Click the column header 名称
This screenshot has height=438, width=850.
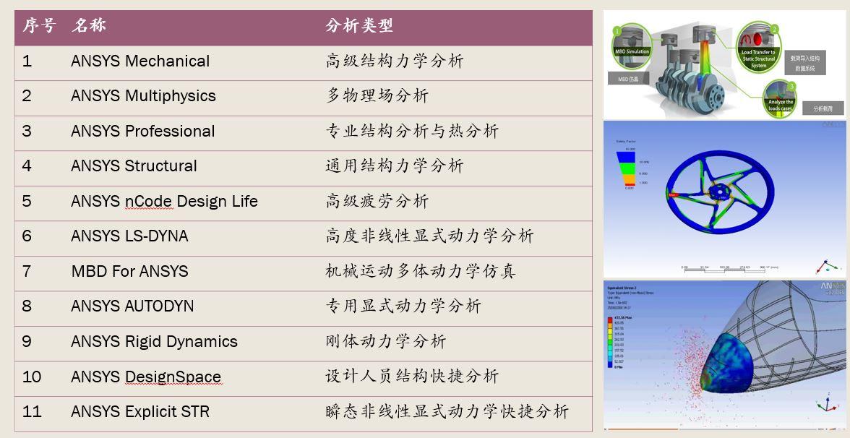[89, 26]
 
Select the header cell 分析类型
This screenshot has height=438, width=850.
[359, 26]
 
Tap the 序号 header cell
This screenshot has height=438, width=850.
[38, 26]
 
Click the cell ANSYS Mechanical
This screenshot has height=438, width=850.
[140, 61]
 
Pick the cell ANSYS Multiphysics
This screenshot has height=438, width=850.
[143, 96]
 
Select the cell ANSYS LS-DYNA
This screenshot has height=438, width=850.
[129, 236]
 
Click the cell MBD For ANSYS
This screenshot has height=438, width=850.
[129, 272]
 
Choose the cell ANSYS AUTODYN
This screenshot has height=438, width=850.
[132, 306]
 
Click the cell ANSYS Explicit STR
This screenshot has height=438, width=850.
[140, 412]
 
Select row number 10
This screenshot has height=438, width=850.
[32, 377]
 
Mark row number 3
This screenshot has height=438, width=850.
[27, 132]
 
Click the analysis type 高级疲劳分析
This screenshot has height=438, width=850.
[377, 201]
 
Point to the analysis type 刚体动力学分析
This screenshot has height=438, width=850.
[385, 341]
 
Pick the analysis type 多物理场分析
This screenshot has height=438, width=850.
[377, 96]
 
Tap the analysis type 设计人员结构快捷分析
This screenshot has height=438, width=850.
[412, 377]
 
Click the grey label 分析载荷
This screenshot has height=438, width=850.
[823, 108]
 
